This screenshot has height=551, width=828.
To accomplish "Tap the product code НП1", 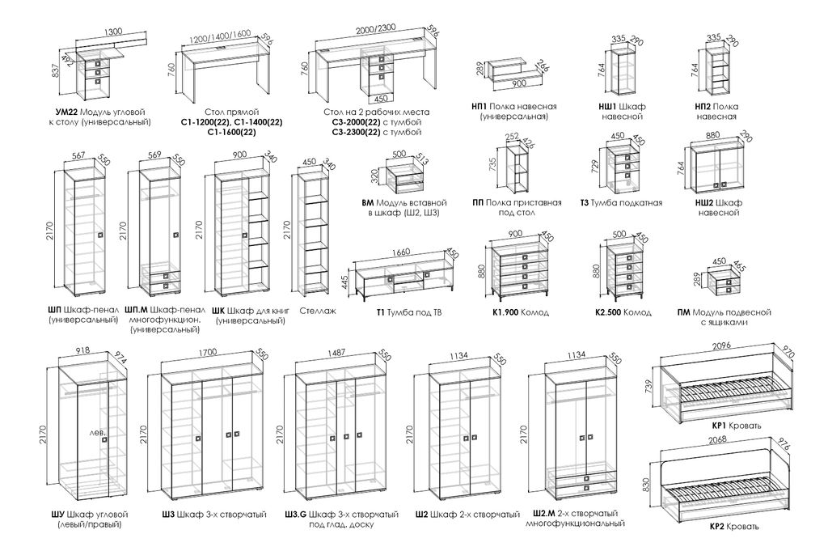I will click(x=479, y=106).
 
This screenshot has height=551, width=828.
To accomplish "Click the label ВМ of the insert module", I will click(x=369, y=203).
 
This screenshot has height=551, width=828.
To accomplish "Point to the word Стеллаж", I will click(x=317, y=310).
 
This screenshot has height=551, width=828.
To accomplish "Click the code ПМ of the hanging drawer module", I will click(x=684, y=312).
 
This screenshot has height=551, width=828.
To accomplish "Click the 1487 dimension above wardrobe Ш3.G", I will click(x=340, y=353).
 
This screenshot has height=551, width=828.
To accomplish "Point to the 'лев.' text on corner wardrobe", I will click(x=98, y=432).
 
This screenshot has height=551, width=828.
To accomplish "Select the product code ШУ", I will click(x=58, y=515).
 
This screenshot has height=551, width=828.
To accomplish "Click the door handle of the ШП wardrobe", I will click(x=99, y=235).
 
